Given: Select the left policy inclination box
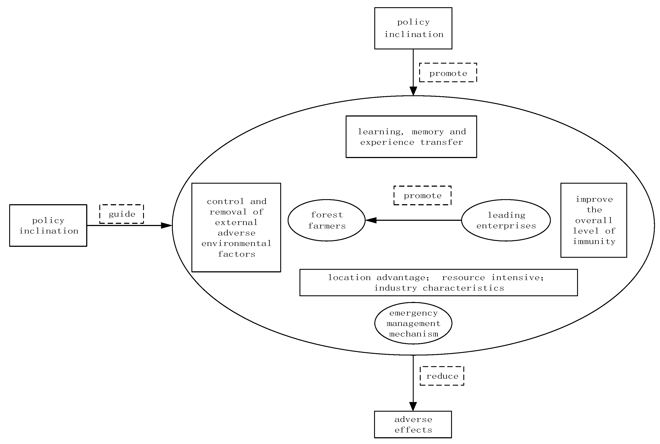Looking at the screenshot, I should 48,225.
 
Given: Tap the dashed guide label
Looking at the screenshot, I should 122,214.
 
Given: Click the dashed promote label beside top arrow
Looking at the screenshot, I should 448,73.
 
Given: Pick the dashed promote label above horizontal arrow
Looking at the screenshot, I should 422,195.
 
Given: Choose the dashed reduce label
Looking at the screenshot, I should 442,376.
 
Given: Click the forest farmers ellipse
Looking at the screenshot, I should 326,220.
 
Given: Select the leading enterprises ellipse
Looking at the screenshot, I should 506,220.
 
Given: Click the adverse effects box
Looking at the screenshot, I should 413,425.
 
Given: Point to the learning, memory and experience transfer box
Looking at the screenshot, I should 411,137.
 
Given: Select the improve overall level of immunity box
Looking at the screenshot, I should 594,220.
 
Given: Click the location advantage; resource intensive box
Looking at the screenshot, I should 438,283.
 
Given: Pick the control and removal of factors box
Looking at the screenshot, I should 236,227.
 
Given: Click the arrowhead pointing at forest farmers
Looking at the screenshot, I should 371,220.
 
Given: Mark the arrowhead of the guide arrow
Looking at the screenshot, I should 167,225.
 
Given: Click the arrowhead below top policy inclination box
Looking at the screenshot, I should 413,91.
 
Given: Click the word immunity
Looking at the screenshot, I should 594,242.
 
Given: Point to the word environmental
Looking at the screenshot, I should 236,244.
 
